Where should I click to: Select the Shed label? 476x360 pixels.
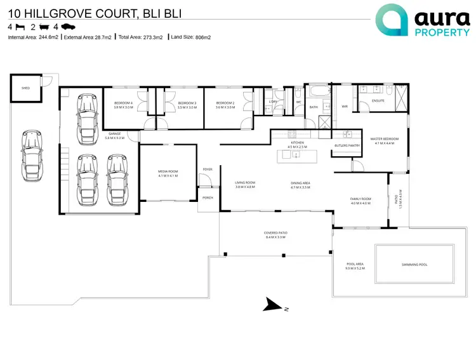click(26, 88)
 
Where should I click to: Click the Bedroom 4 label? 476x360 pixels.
click(123, 105)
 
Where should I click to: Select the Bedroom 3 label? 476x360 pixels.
click(187, 105)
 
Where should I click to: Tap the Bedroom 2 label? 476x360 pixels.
click(225, 105)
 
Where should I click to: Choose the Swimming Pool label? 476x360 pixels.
click(414, 264)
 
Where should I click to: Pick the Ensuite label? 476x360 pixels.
click(378, 101)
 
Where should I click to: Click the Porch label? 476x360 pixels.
click(208, 198)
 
